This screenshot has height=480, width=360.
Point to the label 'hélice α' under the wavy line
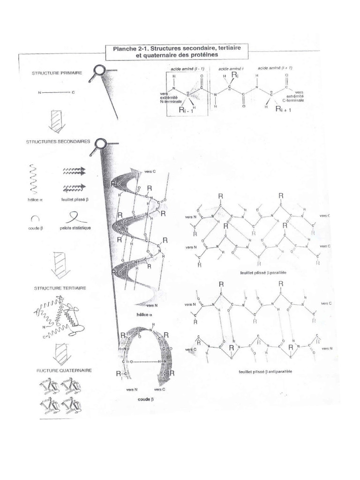(36, 199)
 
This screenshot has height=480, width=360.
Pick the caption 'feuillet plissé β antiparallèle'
(262, 371)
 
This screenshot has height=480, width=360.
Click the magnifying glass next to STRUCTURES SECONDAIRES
(100, 143)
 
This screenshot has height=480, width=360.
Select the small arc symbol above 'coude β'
(35, 218)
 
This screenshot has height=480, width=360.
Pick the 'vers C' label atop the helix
(150, 172)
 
